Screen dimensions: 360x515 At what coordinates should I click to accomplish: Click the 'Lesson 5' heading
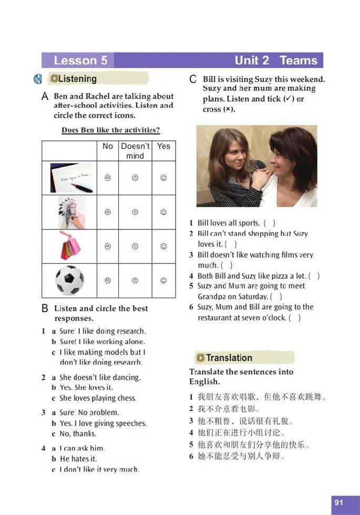pyautogui.click(x=80, y=60)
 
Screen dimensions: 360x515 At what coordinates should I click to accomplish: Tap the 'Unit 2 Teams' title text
pyautogui.click(x=276, y=60)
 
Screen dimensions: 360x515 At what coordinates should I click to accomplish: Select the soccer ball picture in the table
pyautogui.click(x=69, y=280)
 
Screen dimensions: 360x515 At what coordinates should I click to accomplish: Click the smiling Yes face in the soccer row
pyautogui.click(x=163, y=280)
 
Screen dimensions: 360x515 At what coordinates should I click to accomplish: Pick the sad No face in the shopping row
pyautogui.click(x=107, y=246)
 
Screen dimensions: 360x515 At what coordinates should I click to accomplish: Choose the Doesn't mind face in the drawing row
pyautogui.click(x=135, y=212)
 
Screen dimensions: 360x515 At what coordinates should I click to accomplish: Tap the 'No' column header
pyautogui.click(x=108, y=146)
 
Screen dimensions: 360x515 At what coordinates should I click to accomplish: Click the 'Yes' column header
pyautogui.click(x=163, y=146)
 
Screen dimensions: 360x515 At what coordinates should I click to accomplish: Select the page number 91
pyautogui.click(x=338, y=502)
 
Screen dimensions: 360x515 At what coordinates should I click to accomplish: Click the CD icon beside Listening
pyautogui.click(x=38, y=79)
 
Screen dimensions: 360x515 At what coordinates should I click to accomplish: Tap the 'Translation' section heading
pyautogui.click(x=229, y=358)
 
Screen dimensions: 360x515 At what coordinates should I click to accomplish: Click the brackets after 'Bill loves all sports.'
pyautogui.click(x=269, y=223)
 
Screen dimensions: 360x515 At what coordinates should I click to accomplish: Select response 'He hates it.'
pyautogui.click(x=78, y=459)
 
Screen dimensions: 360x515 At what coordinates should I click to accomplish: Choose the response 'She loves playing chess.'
pyautogui.click(x=98, y=398)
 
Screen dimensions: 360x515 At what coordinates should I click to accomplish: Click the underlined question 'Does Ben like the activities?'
pyautogui.click(x=110, y=130)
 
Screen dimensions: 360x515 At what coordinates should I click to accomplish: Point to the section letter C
pyautogui.click(x=193, y=79)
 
